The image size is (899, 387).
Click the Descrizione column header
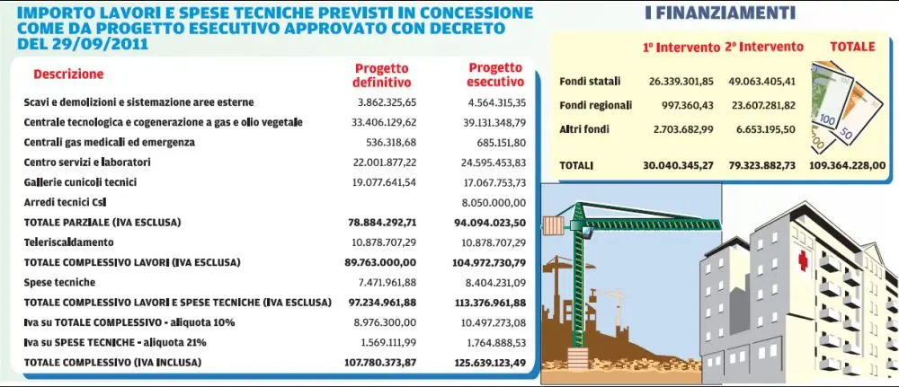pyautogui.click(x=68, y=74)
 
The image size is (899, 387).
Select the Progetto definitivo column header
pyautogui.click(x=381, y=75)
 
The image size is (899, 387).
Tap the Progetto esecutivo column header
pyautogui.click(x=494, y=75)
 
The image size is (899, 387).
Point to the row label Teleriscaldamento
pyautogui.click(x=69, y=242)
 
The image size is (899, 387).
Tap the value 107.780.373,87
pyautogui.click(x=381, y=363)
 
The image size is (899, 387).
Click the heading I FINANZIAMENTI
pyautogui.click(x=719, y=13)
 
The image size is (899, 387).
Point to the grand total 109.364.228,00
pyautogui.click(x=847, y=166)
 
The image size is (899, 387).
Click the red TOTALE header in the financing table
pyautogui.click(x=851, y=47)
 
